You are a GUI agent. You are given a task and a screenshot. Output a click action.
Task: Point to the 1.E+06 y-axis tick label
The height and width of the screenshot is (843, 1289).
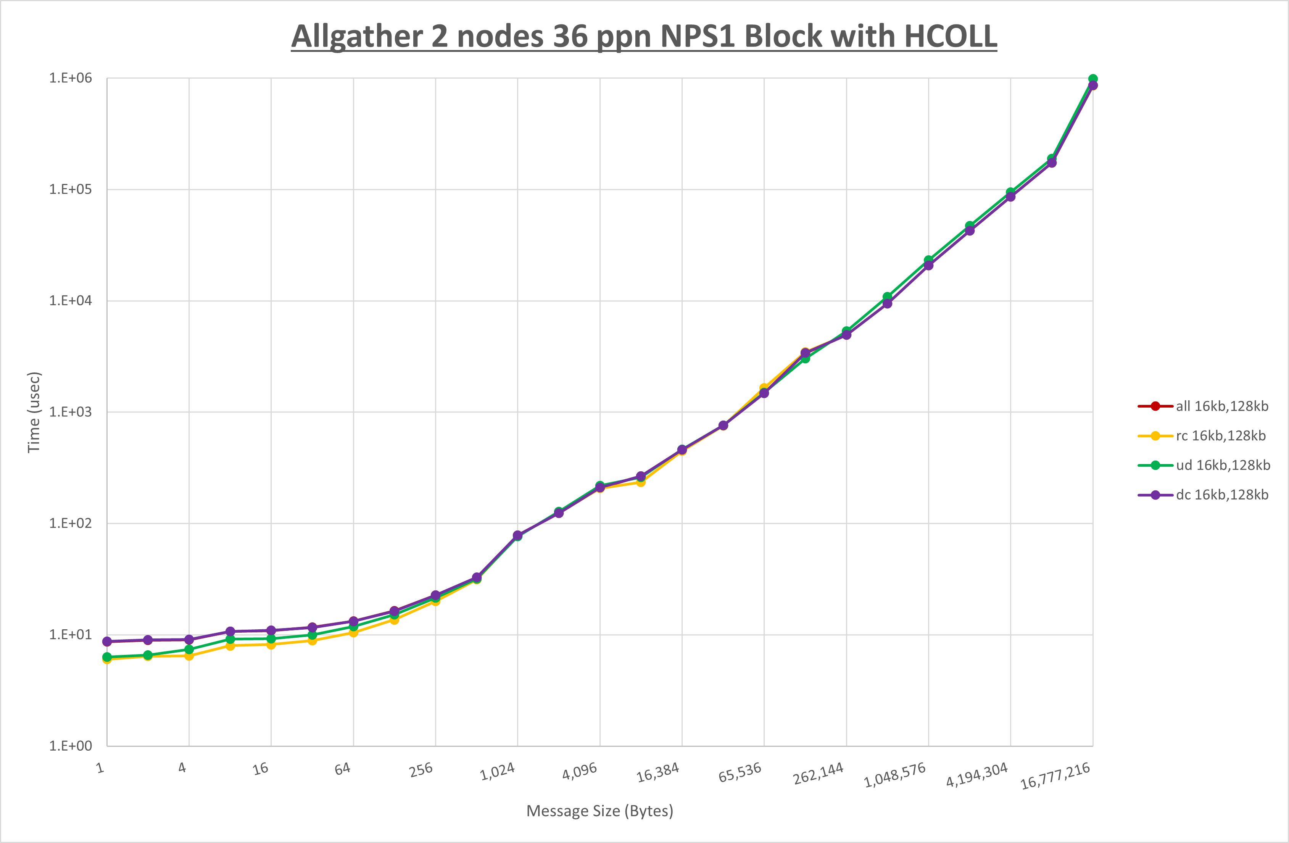71,78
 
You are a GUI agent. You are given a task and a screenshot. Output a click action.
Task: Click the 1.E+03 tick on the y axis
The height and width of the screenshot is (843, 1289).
71,412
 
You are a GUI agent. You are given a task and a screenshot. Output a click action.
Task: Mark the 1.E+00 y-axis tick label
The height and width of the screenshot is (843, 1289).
71,746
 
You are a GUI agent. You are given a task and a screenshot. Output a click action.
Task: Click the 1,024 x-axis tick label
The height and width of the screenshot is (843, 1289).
498,771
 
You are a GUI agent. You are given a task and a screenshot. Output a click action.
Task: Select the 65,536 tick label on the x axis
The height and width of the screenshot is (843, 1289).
740,772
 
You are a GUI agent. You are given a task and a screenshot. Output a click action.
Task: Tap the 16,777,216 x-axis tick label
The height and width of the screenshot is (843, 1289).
1055,776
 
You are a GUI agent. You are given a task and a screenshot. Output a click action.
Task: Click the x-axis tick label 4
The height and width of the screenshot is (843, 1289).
182,767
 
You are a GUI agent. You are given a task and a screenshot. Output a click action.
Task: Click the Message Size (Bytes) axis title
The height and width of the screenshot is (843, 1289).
599,811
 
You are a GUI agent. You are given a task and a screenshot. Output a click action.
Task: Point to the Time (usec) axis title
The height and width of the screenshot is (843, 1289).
34,412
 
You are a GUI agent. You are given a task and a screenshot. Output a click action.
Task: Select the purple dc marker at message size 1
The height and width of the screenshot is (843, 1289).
107,642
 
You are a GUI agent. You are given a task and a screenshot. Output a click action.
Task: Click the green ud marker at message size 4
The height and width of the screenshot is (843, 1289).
189,650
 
